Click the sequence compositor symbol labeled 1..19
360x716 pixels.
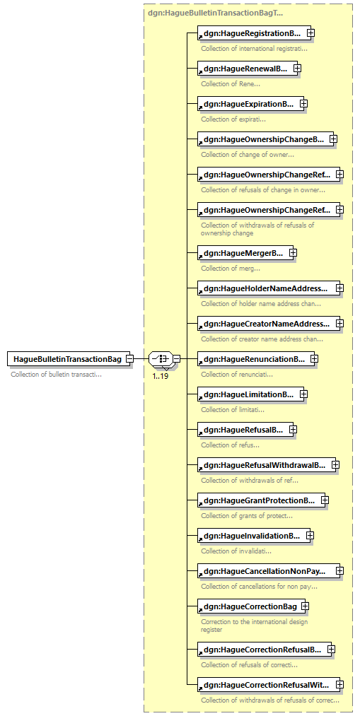tap(161, 359)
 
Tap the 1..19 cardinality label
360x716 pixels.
tap(160, 377)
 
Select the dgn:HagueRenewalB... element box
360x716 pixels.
tap(247, 69)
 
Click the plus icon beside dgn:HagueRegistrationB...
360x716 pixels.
tap(310, 33)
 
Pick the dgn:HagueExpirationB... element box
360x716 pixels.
tap(251, 104)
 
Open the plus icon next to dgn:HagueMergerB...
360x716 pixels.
tap(294, 252)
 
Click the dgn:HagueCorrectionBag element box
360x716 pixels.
tap(252, 606)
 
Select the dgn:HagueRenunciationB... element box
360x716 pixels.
tap(256, 359)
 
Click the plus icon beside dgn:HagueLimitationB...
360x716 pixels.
tap(304, 394)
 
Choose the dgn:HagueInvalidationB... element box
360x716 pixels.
tap(254, 536)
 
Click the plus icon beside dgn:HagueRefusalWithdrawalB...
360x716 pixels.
tap(335, 464)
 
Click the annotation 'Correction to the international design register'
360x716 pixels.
tap(255, 626)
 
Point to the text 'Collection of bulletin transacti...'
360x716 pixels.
tap(56, 375)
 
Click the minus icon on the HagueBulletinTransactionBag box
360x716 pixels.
tap(129, 359)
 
